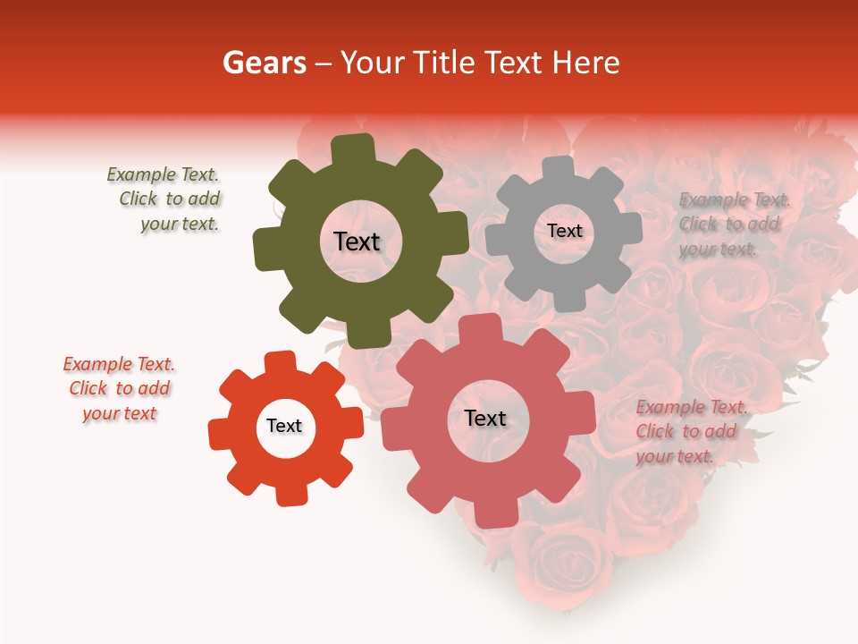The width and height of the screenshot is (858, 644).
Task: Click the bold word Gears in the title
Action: [264, 63]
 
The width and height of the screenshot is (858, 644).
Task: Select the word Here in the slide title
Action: [586, 63]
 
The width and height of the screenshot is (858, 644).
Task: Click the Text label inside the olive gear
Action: [357, 241]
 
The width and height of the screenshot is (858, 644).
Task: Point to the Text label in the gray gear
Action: [564, 231]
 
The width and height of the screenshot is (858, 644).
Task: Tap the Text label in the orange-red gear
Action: [284, 426]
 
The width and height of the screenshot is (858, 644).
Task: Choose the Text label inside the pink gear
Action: [485, 418]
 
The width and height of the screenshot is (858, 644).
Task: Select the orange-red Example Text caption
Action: [119, 388]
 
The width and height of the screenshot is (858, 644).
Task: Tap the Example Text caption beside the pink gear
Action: [691, 431]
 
